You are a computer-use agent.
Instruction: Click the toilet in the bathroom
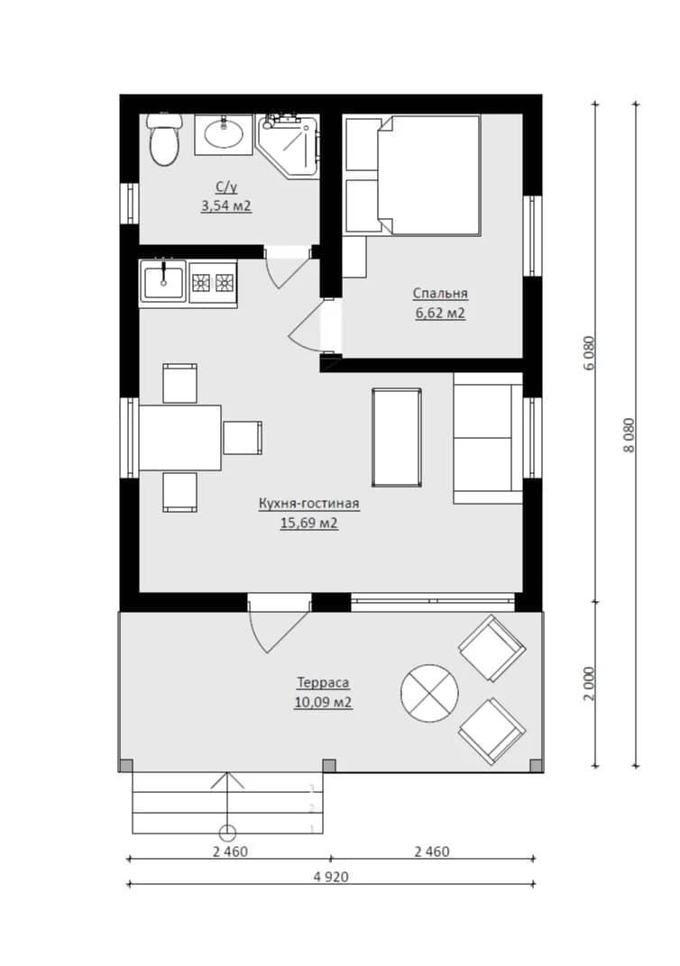[163, 140]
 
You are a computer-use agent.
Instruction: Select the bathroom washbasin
[223, 133]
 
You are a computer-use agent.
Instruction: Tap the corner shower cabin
[289, 145]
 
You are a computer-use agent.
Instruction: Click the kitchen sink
[163, 281]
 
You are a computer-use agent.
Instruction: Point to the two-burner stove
[213, 283]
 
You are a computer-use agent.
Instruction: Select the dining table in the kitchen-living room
[180, 437]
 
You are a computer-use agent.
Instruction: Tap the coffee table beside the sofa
[397, 437]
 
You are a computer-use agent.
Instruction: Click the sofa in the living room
[488, 437]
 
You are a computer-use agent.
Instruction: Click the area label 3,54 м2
[225, 205]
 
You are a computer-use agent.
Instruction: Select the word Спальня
[440, 293]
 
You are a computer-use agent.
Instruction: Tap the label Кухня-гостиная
[308, 504]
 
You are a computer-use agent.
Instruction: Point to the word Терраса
[323, 683]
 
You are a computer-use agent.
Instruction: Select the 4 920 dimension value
[331, 877]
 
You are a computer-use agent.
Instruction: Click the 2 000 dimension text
[590, 683]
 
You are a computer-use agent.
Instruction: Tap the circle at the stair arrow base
[227, 833]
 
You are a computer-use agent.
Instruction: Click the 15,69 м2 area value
[308, 524]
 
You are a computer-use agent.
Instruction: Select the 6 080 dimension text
[590, 353]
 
